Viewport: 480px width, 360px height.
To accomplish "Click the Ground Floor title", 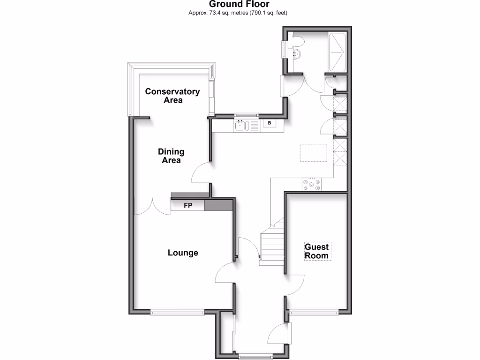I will click(x=239, y=4).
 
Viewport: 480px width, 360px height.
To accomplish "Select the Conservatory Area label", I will click(x=172, y=96).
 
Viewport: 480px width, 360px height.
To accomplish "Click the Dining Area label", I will click(x=171, y=156).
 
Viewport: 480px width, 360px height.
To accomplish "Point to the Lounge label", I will click(x=183, y=253).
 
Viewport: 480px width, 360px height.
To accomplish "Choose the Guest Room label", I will click(x=317, y=251).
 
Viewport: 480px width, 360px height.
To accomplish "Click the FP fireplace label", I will click(x=187, y=205).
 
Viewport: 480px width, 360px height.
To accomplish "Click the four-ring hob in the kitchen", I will click(x=312, y=185).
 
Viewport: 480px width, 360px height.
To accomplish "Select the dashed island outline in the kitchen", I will click(x=313, y=153).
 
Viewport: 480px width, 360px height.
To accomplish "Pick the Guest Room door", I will click(x=295, y=285).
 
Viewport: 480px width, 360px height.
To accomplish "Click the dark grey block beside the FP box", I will click(x=219, y=205).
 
